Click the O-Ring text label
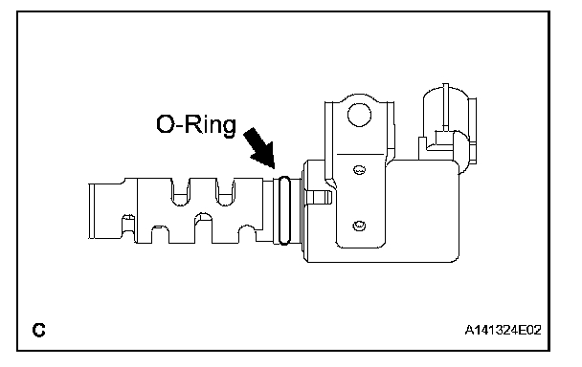196,125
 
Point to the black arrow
259,148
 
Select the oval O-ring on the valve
284,210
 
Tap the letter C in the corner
39,330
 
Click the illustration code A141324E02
503,330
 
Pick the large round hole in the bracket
359,115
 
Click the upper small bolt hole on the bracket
359,170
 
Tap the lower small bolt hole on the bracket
359,225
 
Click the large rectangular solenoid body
382,211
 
